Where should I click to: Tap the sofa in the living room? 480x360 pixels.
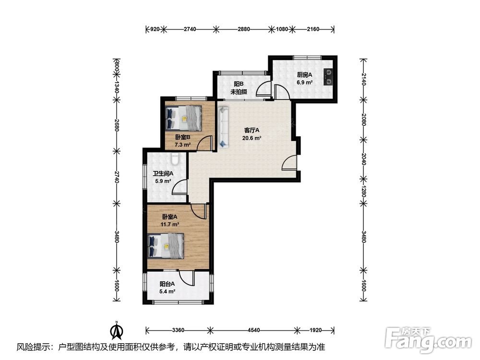coord(224,127)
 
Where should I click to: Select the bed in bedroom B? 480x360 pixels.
coord(184,118)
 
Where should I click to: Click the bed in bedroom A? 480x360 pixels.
coord(166,246)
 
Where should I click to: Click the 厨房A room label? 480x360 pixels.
coord(305,75)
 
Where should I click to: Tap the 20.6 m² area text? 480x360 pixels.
coord(252,138)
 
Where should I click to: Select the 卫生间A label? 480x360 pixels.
coord(163,174)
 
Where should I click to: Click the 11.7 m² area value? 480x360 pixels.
coord(169,224)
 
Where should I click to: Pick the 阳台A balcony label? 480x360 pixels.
coord(167,284)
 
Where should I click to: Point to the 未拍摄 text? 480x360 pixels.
coord(239,92)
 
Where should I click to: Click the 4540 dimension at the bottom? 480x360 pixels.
coord(254,330)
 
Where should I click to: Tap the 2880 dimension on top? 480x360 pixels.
coord(244,29)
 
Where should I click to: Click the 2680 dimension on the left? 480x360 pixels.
coord(116,125)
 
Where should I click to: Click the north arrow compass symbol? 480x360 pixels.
coord(117,330)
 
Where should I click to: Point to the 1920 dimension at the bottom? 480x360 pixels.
coord(316,330)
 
